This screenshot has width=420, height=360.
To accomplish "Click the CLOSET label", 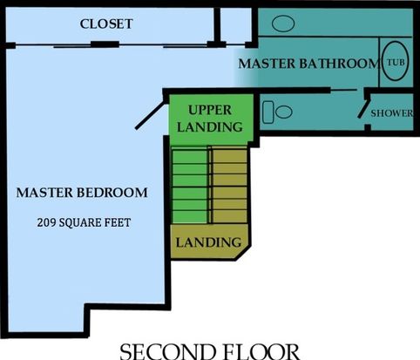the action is click(106, 24).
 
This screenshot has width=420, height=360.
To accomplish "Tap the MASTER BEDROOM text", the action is click(82, 193).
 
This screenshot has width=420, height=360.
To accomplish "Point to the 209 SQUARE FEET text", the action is click(84, 222).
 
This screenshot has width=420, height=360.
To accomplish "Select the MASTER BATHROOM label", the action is click(308, 64).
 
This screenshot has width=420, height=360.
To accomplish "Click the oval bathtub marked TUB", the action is click(396, 61).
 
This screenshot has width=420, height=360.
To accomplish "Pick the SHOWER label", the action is click(391, 113).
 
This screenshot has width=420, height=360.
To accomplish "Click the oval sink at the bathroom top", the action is click(283, 24).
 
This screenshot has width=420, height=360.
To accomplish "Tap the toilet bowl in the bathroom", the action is click(283, 112).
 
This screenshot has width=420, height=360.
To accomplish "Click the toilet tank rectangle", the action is click(268, 112).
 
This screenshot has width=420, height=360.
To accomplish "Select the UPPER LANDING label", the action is click(210, 119).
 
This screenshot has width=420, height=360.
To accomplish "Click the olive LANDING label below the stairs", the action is click(208, 242).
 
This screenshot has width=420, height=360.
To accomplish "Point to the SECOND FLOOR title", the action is click(210, 351).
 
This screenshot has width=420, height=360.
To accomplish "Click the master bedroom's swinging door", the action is click(150, 115).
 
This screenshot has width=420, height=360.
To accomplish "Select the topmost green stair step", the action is click(190, 156).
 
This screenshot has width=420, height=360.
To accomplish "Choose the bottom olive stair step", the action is click(230, 216).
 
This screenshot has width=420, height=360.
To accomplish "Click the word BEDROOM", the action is click(112, 193).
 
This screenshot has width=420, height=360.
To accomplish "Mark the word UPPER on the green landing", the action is click(210, 110).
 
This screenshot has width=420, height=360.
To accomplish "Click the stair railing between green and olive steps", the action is click(210, 185).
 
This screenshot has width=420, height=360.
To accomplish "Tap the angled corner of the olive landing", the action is click(243, 253).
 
